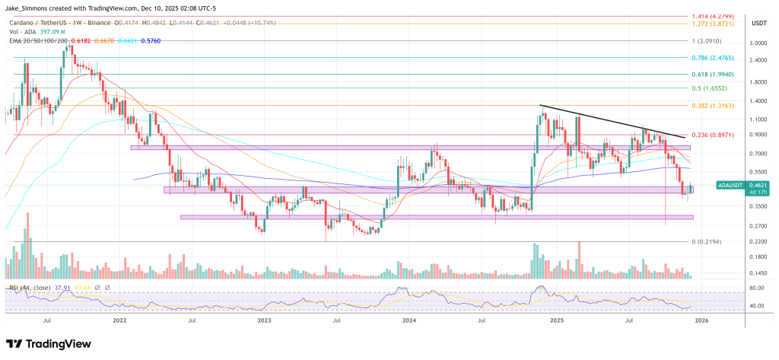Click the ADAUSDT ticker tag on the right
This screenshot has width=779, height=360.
(x=730, y=185)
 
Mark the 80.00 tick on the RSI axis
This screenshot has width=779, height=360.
(x=756, y=288)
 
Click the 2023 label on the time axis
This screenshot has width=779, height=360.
(x=264, y=320)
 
